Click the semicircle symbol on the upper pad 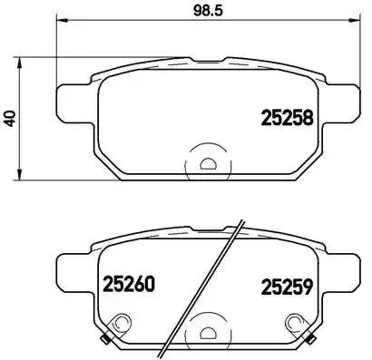[207, 164]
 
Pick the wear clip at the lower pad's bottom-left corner [106, 340]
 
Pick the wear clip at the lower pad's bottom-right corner [308, 340]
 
